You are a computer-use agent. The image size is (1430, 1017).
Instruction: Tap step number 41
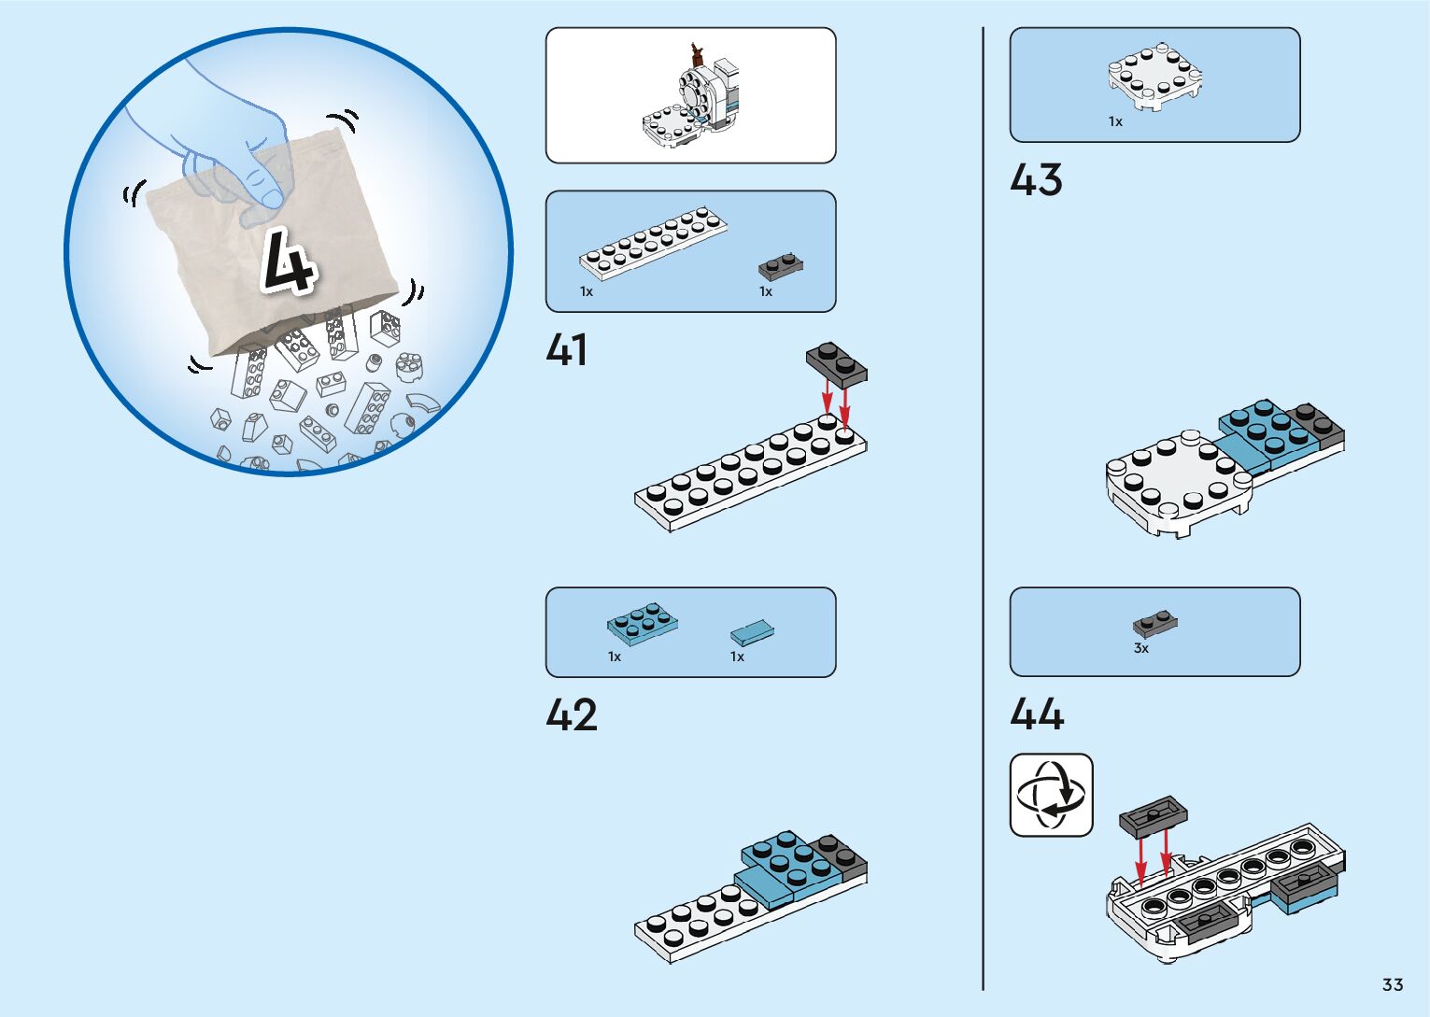567,350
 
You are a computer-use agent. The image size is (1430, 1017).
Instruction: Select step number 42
571,715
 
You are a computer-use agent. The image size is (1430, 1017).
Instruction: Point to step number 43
1036,180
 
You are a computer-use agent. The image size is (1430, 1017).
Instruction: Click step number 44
1037,714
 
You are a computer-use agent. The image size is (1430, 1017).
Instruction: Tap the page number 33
1393,985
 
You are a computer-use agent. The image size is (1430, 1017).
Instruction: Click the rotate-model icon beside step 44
1052,796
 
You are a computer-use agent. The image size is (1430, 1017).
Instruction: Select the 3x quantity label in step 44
1140,648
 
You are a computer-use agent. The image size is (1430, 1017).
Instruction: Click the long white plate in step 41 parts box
653,243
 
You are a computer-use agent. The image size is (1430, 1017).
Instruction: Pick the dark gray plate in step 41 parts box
781,267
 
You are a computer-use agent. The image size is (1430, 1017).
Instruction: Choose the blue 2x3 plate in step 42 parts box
643,623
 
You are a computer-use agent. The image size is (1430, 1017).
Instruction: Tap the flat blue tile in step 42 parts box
752,633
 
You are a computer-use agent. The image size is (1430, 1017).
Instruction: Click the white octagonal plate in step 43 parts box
1154,76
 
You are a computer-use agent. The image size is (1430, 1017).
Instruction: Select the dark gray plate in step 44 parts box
1155,623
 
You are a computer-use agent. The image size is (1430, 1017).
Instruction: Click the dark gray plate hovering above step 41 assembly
837,364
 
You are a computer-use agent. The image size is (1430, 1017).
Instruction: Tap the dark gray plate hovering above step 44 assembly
1154,815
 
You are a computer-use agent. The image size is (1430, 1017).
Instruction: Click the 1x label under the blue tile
737,657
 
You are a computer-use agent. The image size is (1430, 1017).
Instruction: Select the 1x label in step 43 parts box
1115,121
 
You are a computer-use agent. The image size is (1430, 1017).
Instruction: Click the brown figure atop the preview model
696,53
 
